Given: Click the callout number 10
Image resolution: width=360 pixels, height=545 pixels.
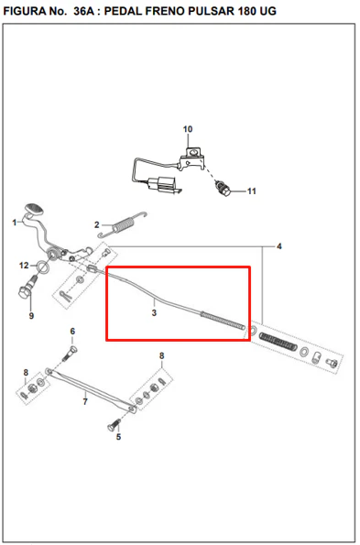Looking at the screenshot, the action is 188,129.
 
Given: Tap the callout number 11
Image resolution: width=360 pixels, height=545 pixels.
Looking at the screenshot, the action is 252,191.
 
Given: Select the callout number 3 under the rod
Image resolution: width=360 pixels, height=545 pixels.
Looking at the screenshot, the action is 154,313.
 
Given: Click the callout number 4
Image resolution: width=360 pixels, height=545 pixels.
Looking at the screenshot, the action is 279,246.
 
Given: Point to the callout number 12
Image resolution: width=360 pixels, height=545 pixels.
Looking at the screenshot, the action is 24,266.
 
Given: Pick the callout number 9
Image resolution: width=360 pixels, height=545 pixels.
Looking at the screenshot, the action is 32,316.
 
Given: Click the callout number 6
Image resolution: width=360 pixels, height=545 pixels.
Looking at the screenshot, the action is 72,332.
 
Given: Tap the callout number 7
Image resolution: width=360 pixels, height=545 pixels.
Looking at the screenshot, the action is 85,402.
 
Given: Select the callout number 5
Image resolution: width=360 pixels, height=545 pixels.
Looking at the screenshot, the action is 118,437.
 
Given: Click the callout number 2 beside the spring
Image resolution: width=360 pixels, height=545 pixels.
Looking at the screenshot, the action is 96,225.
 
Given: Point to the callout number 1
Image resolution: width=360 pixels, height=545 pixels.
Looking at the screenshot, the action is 15,222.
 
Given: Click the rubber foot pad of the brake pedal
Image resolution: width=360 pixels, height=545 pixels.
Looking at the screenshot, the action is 34,209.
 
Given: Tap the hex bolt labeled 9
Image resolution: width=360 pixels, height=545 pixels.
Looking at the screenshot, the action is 27,288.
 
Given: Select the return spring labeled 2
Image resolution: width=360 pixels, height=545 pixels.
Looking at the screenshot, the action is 123,224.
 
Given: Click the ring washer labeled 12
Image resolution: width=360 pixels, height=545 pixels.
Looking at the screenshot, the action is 43,267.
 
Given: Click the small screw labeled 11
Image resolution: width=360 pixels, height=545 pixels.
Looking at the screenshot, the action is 222,188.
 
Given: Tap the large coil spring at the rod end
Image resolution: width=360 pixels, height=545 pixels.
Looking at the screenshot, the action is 278,342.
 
